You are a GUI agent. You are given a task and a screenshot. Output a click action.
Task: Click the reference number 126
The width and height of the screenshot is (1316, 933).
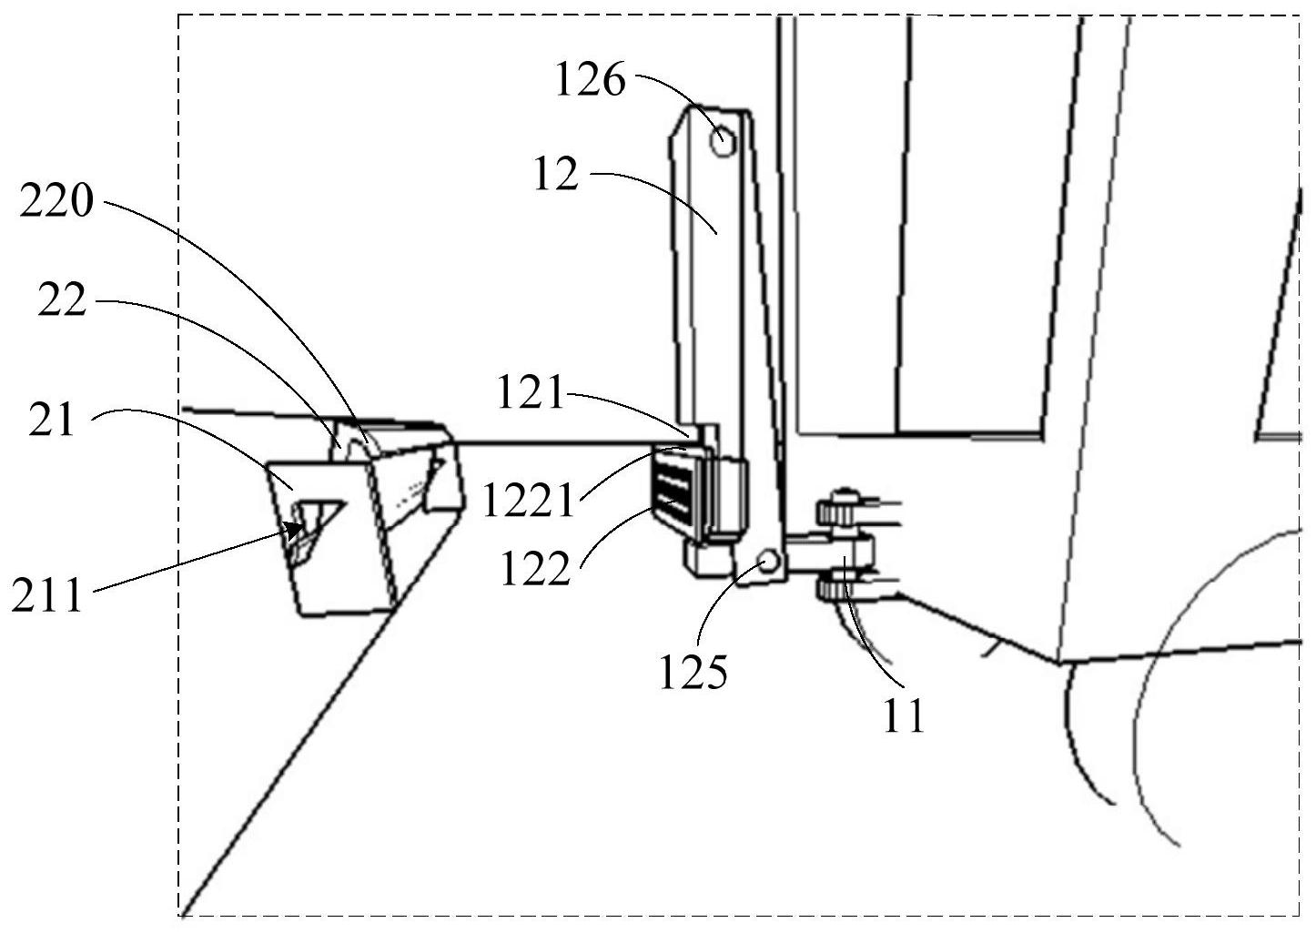tap(591, 82)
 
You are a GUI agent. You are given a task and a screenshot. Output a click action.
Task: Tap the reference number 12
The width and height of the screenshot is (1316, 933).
tap(555, 174)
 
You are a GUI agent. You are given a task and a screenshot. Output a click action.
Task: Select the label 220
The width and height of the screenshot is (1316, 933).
tap(56, 201)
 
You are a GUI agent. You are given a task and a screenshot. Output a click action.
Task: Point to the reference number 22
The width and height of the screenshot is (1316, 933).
tap(62, 301)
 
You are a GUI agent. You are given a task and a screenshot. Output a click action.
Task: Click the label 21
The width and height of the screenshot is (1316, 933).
tap(51, 421)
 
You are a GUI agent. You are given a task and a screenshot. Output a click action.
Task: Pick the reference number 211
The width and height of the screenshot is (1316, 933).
tap(46, 597)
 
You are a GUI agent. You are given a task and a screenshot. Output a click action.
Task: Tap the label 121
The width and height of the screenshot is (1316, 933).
tap(531, 393)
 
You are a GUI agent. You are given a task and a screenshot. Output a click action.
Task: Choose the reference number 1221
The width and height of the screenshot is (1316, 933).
tap(529, 500)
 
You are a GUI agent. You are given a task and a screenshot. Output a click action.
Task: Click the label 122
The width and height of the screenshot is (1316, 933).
tap(535, 570)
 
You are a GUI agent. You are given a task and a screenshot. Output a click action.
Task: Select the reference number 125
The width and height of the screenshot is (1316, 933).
tap(694, 674)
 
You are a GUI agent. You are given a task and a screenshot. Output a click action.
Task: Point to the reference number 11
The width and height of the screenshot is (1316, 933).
tap(903, 715)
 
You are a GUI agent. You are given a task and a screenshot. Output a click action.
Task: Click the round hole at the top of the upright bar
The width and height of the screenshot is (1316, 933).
tap(723, 142)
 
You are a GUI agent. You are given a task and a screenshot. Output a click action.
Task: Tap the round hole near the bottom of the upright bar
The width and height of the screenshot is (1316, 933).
tap(768, 563)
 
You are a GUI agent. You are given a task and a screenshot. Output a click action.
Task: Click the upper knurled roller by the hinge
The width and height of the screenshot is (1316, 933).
tap(839, 511)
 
